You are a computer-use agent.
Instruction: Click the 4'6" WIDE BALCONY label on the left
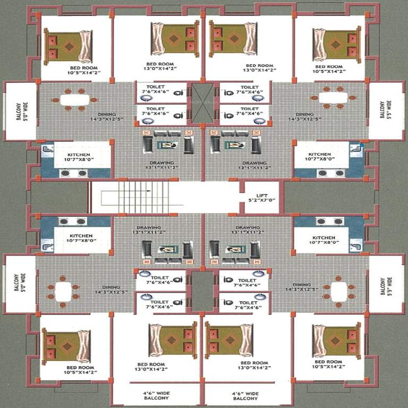tap(156, 395)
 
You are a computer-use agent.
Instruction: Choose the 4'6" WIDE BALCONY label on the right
tap(245, 395)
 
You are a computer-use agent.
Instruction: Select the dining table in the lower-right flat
tap(339, 291)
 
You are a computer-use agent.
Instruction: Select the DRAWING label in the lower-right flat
tap(248, 227)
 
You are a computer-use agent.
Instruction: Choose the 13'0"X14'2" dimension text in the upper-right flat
tap(258, 70)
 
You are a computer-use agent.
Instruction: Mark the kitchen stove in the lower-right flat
tap(328, 222)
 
